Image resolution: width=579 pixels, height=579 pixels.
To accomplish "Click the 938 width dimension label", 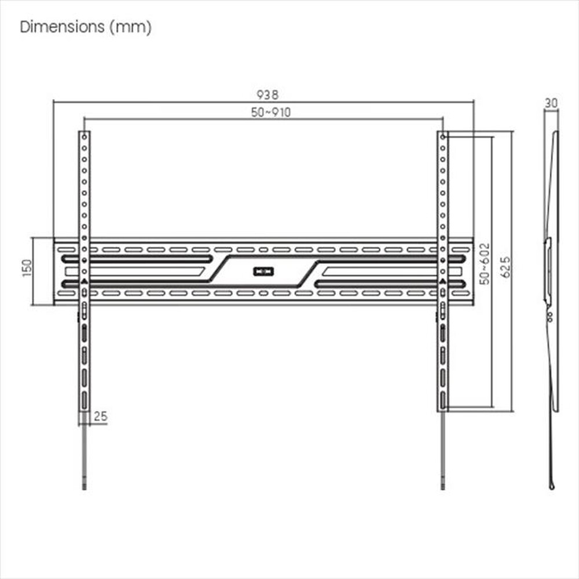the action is (x=267, y=94).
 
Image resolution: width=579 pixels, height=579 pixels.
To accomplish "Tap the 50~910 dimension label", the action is (x=270, y=112).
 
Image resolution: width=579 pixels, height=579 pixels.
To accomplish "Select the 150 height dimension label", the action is (x=27, y=267).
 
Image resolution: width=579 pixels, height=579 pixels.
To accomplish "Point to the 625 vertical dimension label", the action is (x=505, y=267).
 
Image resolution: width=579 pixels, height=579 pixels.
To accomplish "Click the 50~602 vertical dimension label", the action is (x=485, y=263).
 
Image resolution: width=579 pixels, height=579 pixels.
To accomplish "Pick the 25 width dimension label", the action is (x=100, y=416).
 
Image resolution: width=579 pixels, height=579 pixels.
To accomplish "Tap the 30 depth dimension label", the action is (x=551, y=103).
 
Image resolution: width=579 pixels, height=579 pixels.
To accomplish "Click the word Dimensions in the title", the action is (x=63, y=27).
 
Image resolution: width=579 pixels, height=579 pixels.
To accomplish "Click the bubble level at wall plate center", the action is (x=263, y=272).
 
